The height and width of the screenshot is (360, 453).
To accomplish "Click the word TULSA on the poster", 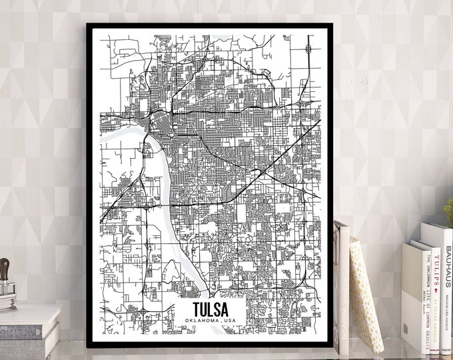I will click(210, 310).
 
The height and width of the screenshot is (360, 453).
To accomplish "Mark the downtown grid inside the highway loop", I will click(161, 123).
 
